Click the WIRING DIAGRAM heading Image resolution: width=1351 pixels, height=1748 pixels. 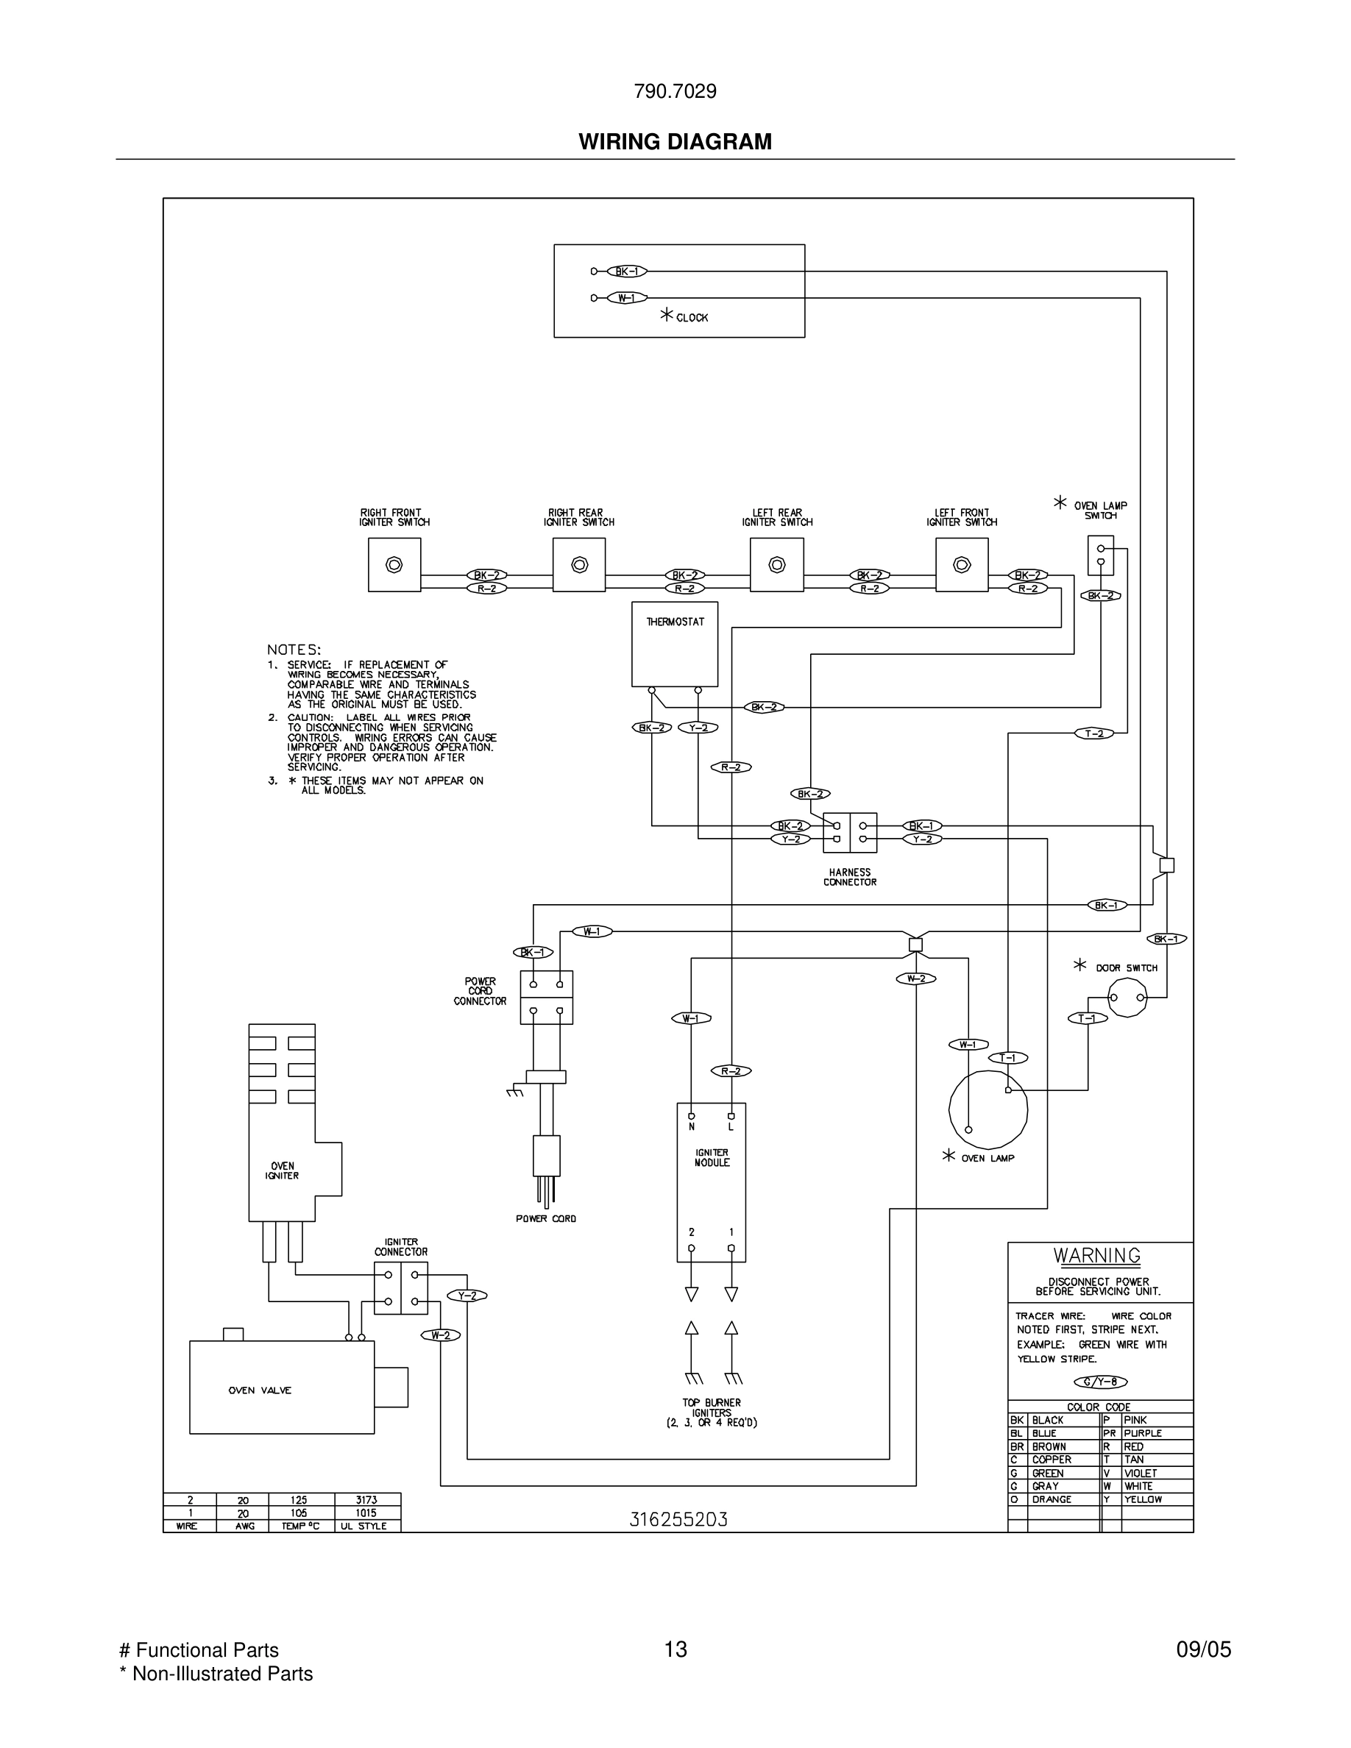click(x=675, y=142)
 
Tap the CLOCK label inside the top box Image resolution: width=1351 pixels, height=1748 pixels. click(x=692, y=318)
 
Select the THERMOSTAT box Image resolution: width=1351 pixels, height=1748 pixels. click(x=675, y=644)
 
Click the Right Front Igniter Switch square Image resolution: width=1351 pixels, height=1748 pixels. click(x=394, y=564)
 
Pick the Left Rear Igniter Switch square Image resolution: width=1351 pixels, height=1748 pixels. click(x=776, y=564)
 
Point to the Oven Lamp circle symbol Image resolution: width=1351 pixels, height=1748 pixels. click(x=987, y=1109)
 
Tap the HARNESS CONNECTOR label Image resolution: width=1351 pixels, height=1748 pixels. click(x=850, y=877)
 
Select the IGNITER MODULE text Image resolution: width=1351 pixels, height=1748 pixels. click(x=712, y=1157)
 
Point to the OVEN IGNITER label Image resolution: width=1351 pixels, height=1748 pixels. click(x=282, y=1170)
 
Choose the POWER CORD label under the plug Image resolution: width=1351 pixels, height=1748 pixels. click(x=546, y=1218)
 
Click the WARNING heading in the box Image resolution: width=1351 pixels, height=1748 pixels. click(x=1096, y=1256)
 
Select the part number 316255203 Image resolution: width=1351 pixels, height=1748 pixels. click(x=678, y=1519)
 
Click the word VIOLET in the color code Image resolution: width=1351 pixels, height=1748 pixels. click(x=1140, y=1473)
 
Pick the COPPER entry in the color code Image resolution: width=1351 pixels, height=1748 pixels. click(x=1051, y=1459)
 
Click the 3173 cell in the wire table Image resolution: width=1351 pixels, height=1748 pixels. click(x=366, y=1499)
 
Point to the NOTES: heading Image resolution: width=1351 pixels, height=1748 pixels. click(x=294, y=650)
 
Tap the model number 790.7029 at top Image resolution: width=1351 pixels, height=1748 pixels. click(x=675, y=92)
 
